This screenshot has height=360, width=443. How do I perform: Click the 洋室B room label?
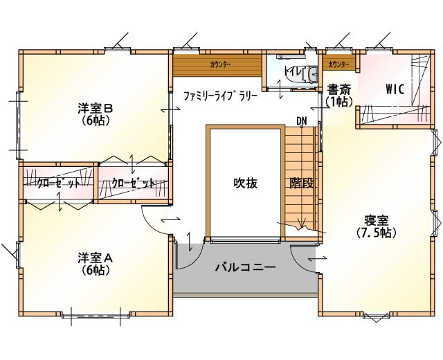pyautogui.click(x=96, y=109)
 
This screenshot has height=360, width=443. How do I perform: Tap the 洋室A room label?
pyautogui.click(x=96, y=258)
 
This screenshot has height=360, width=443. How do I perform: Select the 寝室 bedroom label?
pyautogui.click(x=377, y=220)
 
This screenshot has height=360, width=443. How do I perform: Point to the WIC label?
pyautogui.click(x=395, y=89)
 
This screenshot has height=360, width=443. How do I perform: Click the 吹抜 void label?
pyautogui.click(x=245, y=183)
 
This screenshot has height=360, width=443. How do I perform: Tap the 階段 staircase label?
pyautogui.click(x=302, y=183)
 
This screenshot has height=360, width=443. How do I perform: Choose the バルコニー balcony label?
pyautogui.click(x=245, y=267)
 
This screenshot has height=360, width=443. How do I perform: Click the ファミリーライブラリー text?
pyautogui.click(x=221, y=96)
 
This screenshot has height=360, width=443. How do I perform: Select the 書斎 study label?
pyautogui.click(x=338, y=90)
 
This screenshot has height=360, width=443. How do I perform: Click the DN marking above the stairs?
pyautogui.click(x=302, y=121)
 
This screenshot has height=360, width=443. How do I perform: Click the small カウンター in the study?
pyautogui.click(x=338, y=64)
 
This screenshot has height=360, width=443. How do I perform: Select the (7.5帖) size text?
pyautogui.click(x=377, y=233)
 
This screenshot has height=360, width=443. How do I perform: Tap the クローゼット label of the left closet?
pyautogui.click(x=58, y=183)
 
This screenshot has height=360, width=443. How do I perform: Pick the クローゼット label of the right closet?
pyautogui.click(x=134, y=183)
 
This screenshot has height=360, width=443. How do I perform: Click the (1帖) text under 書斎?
pyautogui.click(x=338, y=102)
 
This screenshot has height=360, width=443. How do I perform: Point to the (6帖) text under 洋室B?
pyautogui.click(x=96, y=120)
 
